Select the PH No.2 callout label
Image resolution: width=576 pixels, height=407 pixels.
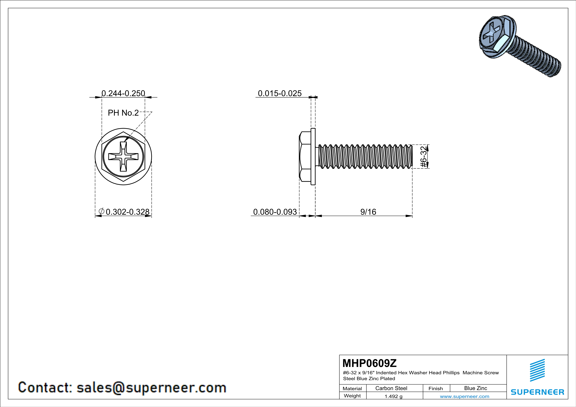123,113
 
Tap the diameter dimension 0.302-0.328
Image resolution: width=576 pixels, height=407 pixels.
127,212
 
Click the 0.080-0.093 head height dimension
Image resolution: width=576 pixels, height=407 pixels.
275,212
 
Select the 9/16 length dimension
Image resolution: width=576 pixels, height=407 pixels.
368,212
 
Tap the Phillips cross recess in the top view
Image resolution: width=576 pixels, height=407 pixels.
123,157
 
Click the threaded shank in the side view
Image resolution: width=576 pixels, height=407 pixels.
365,157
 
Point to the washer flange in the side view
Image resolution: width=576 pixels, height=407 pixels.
313,157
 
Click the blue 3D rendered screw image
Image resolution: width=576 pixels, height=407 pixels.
519,45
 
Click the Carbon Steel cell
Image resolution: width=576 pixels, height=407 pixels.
391,388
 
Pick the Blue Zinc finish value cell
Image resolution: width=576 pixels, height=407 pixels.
475,388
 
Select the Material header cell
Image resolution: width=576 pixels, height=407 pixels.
352,388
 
